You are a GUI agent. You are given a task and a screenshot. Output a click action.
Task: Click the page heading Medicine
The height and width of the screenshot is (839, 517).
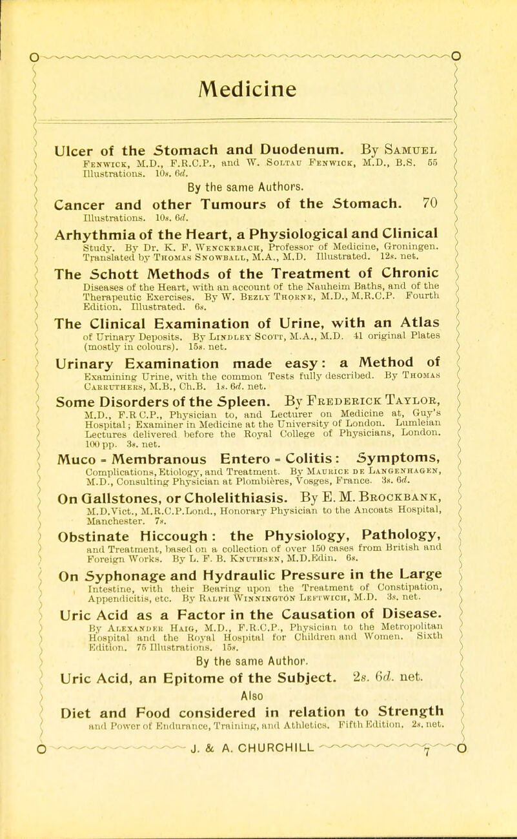coord(258,65)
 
